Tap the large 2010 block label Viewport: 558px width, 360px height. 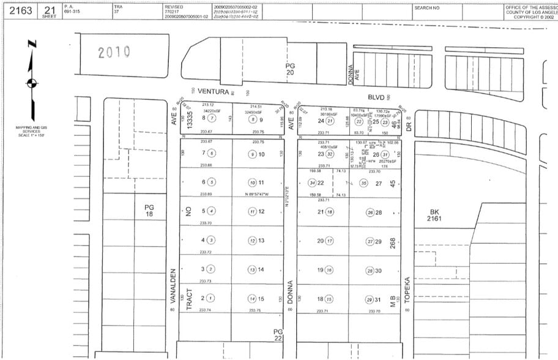[114, 53]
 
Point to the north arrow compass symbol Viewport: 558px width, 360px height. [32, 82]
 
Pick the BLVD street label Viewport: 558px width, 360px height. [376, 96]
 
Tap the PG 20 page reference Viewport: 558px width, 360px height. [290, 68]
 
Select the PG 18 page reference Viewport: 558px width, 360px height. [149, 211]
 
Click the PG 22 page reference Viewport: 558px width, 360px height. [278, 334]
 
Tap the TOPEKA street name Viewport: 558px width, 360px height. [406, 290]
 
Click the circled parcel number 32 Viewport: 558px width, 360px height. [330, 154]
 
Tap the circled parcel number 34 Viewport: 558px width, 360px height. [312, 182]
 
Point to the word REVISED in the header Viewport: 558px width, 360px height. [173, 6]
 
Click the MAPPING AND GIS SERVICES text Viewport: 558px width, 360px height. [31, 130]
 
